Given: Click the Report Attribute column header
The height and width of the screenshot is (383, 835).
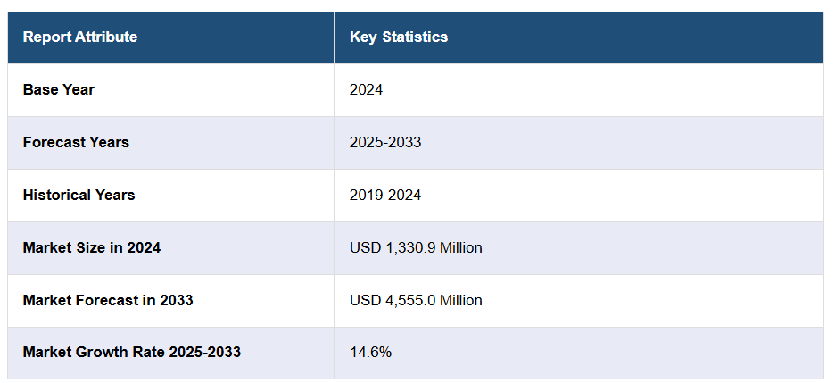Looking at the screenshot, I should click(80, 37).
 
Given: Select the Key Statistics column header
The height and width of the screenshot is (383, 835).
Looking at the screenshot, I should click(399, 37).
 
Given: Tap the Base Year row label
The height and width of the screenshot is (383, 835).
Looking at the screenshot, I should click(59, 89).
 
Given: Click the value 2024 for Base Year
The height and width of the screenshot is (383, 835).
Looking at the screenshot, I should click(367, 89).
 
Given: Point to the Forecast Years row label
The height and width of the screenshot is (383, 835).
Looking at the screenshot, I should click(76, 142).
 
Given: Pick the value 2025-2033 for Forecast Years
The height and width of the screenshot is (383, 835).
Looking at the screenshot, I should click(385, 142).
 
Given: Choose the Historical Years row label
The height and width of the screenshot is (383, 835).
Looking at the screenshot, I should click(79, 195).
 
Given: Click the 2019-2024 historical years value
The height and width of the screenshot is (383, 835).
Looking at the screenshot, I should click(385, 195).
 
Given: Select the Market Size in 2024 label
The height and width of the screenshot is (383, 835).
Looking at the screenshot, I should click(92, 247).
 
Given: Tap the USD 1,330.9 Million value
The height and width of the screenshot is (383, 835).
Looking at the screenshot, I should click(416, 247).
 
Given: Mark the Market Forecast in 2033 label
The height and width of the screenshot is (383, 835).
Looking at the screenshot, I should click(108, 300).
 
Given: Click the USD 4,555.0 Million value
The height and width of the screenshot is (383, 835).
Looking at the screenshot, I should click(416, 300).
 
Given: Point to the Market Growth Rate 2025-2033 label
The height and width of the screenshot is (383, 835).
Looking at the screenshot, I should click(132, 352).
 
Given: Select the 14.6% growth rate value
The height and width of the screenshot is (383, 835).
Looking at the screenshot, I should click(370, 352).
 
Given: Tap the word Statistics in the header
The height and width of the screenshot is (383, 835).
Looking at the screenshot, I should click(415, 37).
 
